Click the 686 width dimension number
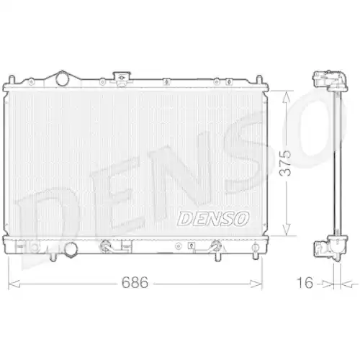click(134, 282)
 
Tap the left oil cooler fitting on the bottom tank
click(108, 246)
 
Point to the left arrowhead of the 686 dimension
click(10, 282)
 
